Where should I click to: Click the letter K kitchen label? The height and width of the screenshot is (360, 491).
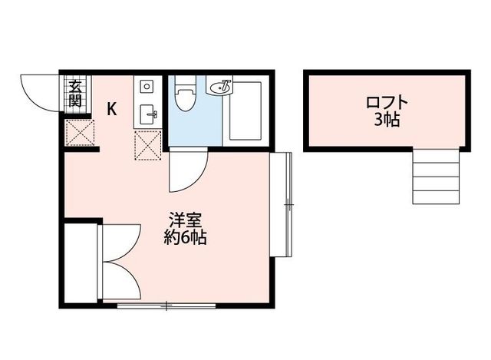(112, 109)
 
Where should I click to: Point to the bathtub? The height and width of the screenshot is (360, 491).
(245, 112)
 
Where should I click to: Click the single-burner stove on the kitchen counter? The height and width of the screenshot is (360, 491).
(147, 86)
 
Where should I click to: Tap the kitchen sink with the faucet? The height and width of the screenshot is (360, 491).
(148, 114)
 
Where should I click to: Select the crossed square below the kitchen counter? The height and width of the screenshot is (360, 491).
(147, 143)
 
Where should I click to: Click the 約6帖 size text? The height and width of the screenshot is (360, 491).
(185, 236)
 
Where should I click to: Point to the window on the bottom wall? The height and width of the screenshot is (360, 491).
(167, 306)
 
